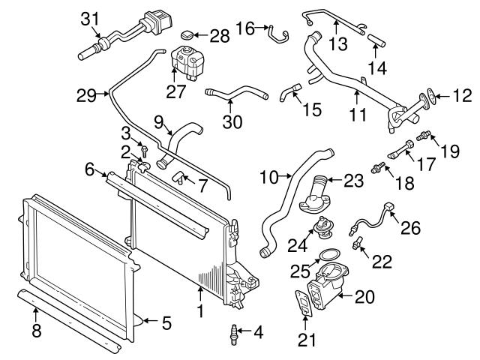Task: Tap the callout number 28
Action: [x=220, y=35]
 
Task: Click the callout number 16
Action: [x=245, y=28]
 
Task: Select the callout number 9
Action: [x=159, y=120]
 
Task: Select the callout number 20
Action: [x=365, y=297]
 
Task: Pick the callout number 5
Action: [x=166, y=324]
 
